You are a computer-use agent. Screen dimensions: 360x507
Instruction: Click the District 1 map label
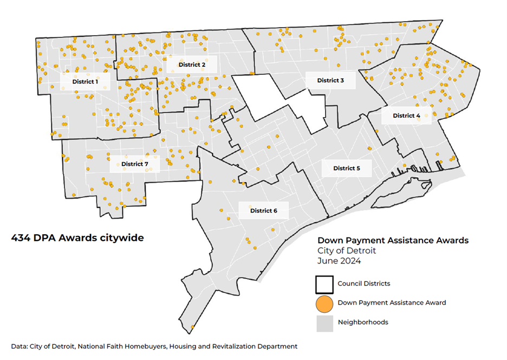click(86, 82)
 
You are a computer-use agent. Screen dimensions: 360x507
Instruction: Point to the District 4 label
click(406, 115)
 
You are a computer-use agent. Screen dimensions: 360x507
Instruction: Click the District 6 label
click(263, 210)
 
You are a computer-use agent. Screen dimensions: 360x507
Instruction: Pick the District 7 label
click(135, 164)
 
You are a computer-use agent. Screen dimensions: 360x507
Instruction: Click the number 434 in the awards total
click(21, 238)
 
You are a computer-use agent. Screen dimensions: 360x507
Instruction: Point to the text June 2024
click(339, 261)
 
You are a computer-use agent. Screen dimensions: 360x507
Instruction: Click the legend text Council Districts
click(363, 284)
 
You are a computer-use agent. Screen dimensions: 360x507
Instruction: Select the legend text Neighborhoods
click(362, 322)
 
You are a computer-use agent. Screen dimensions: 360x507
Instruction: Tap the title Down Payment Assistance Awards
click(393, 240)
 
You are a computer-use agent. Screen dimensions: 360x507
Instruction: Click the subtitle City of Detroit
click(346, 250)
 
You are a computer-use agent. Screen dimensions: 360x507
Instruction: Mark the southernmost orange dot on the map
click(193, 327)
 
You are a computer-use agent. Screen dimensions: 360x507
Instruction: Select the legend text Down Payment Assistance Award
click(392, 303)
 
